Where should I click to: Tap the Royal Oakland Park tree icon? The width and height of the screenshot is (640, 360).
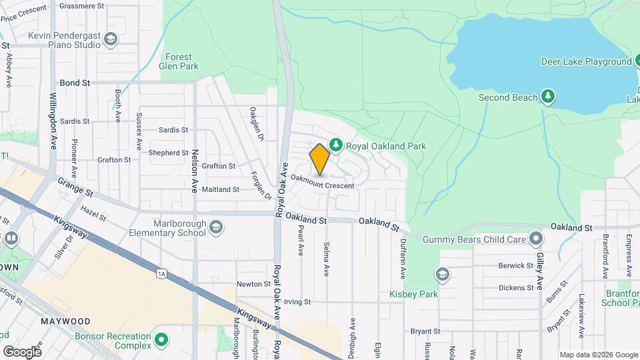tap(337, 145)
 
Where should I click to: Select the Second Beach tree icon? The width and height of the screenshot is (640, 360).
tap(548, 97)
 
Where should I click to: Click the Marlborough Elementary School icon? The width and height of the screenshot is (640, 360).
tap(216, 228)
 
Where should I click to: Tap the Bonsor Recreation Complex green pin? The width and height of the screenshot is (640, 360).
tap(161, 340)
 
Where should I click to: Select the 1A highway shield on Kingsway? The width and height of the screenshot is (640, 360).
tap(161, 273)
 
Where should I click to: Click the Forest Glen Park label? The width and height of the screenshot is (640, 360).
tap(179, 62)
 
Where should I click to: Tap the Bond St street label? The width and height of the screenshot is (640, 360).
tap(75, 83)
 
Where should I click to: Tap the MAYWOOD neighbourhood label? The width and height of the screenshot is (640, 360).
tap(65, 321)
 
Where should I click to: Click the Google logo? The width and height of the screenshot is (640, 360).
tap(22, 351)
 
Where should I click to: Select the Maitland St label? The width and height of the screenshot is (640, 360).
tap(221, 189)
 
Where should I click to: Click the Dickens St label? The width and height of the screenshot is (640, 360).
tap(516, 288)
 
